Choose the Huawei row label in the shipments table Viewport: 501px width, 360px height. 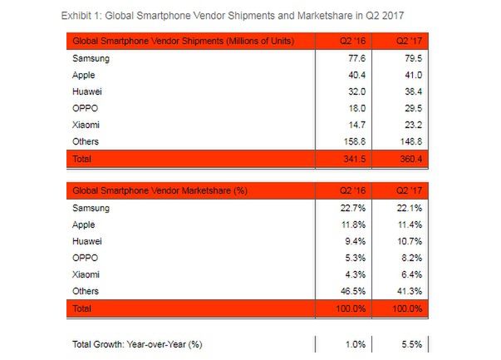coord(89,92)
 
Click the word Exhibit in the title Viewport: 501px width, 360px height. coord(78,16)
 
